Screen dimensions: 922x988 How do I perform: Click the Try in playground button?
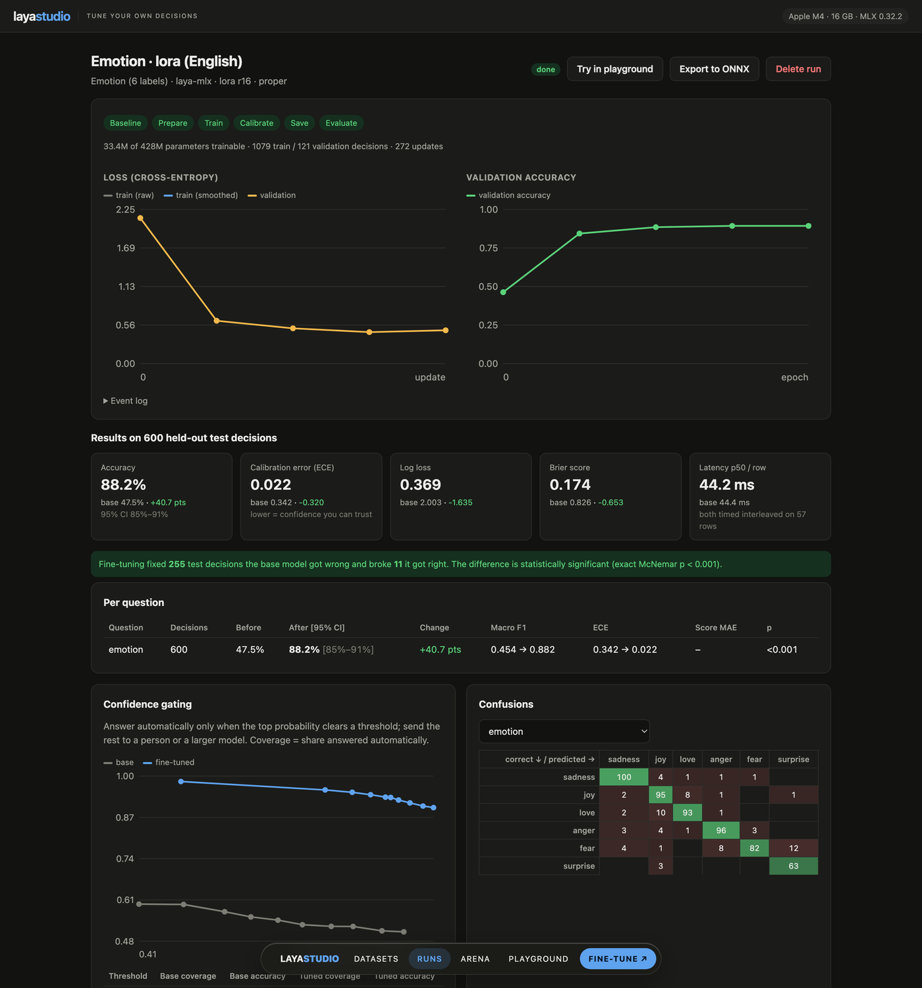pos(614,69)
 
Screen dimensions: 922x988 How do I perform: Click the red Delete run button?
pos(798,69)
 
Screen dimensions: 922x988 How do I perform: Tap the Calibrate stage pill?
pos(256,123)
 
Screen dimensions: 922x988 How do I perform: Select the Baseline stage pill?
pos(125,123)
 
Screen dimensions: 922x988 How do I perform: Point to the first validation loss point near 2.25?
pos(140,218)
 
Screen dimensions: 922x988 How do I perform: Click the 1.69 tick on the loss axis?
pos(125,248)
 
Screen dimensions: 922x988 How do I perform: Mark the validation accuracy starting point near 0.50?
pos(504,292)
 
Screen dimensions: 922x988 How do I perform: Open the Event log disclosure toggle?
pos(125,400)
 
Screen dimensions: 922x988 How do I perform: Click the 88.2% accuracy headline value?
pos(123,484)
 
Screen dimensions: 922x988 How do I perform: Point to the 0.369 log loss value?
pos(420,484)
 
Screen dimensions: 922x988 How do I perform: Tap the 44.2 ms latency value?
pos(726,484)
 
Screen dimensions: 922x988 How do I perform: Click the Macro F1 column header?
pos(508,627)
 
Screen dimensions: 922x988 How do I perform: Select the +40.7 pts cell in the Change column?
pos(441,649)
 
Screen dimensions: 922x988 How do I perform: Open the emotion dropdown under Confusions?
pos(564,731)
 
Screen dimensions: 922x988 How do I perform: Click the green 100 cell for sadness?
pos(624,777)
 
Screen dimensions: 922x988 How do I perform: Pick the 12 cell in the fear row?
pos(793,848)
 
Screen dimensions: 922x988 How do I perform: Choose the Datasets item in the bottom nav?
pos(376,958)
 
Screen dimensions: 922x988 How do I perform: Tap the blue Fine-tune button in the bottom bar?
pos(618,958)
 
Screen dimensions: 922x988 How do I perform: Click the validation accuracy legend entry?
pos(508,195)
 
